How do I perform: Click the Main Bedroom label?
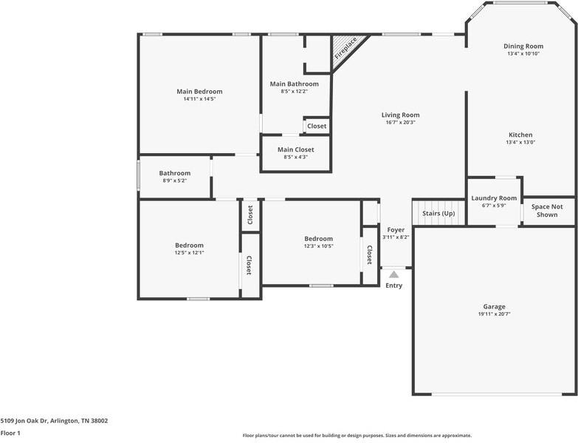click(199, 92)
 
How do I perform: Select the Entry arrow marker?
click(393, 274)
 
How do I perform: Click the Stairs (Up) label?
click(438, 214)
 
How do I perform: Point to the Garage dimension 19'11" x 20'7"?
click(494, 314)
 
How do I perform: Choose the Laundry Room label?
click(494, 198)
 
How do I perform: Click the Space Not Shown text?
click(547, 211)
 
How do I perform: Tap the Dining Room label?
click(523, 46)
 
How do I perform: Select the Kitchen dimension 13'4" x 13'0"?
click(520, 143)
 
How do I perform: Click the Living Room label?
click(400, 115)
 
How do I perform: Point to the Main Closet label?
click(295, 149)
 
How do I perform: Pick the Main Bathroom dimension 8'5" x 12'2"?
click(294, 92)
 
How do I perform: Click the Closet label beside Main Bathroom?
click(317, 126)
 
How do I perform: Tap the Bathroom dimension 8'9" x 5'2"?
click(174, 180)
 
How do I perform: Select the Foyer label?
click(396, 230)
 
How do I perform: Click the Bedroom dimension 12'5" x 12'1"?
click(189, 253)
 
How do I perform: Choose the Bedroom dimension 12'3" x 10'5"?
click(318, 246)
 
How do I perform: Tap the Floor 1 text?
click(10, 433)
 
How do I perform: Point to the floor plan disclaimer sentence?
click(357, 436)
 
